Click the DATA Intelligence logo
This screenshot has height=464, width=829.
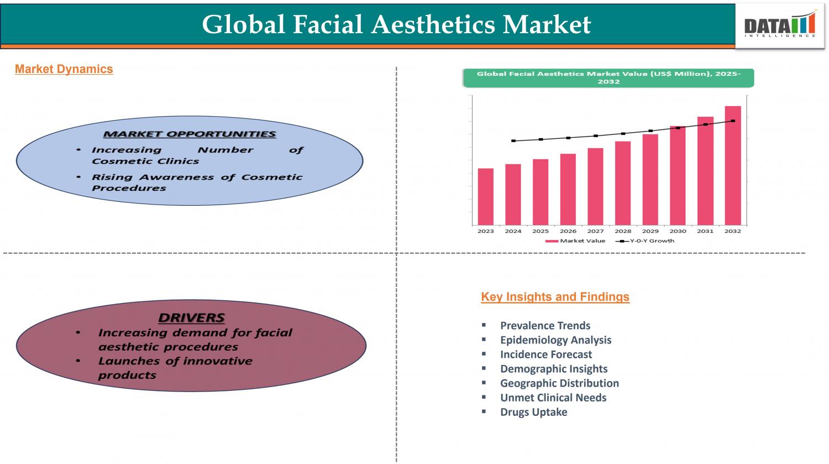pos(780,25)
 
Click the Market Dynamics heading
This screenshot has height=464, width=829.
pos(64,69)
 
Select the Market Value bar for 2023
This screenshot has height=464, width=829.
pos(486,197)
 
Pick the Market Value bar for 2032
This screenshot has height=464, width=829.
pos(733,165)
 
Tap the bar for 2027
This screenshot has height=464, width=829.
pos(595,186)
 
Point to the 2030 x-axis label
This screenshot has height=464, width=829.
pos(678,231)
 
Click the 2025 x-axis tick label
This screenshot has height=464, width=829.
pos(541,231)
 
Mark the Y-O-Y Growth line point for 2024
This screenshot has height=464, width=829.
pos(513,140)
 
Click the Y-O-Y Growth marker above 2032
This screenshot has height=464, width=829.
pos(733,121)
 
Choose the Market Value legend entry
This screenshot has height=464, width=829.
pos(575,241)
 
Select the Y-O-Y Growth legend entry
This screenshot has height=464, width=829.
pos(645,241)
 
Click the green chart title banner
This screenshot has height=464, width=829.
pos(608,78)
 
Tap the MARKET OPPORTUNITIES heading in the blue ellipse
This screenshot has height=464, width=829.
pos(190,134)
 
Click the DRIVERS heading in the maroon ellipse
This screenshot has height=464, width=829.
pos(191,318)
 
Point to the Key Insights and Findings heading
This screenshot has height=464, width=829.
pos(555,296)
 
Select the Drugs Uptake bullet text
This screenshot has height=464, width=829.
pos(534,412)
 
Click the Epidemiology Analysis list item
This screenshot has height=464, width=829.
pos(556,340)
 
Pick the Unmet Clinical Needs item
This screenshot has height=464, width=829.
pos(553,398)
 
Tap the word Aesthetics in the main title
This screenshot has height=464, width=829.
pos(433,24)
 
